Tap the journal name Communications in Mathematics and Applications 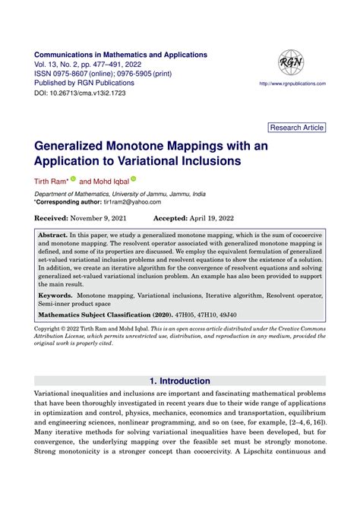coord(121,55)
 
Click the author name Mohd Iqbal coord(111,182)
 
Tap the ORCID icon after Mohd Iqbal coord(134,179)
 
